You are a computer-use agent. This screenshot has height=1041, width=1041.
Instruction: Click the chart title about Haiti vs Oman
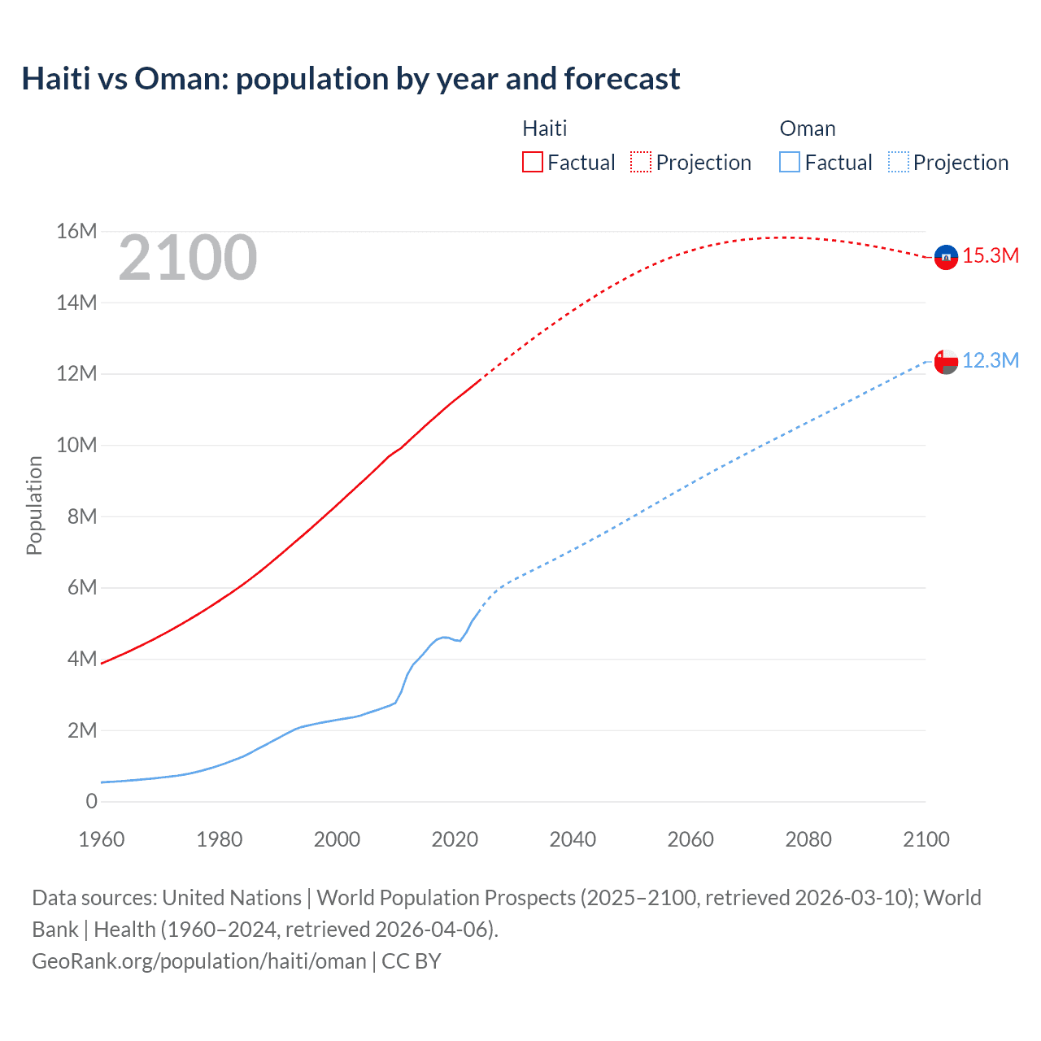pyautogui.click(x=351, y=79)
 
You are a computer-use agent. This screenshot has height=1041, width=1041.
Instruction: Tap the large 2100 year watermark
pyautogui.click(x=188, y=258)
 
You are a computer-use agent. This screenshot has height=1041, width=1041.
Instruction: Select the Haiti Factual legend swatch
pyautogui.click(x=533, y=162)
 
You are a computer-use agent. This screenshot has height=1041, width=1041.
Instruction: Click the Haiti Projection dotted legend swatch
pyautogui.click(x=641, y=162)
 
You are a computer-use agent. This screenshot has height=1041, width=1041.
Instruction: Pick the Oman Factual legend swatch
pyautogui.click(x=790, y=162)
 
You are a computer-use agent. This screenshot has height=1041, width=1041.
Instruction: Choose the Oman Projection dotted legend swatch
pyautogui.click(x=899, y=162)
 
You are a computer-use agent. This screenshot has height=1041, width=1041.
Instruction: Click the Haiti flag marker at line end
pyautogui.click(x=946, y=257)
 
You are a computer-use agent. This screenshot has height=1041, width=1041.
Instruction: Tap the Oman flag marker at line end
pyautogui.click(x=946, y=361)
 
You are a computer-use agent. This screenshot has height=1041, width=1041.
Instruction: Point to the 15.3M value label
pyautogui.click(x=991, y=255)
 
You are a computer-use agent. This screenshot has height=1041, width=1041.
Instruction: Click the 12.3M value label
pyautogui.click(x=991, y=360)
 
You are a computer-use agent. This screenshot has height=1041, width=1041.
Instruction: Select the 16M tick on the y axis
pyautogui.click(x=76, y=232)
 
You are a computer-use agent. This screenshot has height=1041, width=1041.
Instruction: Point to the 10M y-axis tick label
pyautogui.click(x=76, y=445)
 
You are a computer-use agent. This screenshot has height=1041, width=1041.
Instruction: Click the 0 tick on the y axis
pyautogui.click(x=91, y=801)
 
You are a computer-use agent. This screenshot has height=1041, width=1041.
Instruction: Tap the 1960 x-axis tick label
pyautogui.click(x=102, y=839)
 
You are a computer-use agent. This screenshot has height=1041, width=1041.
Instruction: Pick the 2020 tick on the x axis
pyautogui.click(x=455, y=839)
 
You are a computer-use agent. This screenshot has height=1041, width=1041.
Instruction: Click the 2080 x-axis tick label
pyautogui.click(x=808, y=839)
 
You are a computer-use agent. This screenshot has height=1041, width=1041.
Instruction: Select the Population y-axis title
pyautogui.click(x=34, y=505)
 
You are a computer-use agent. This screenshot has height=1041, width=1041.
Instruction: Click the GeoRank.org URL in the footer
pyautogui.click(x=199, y=961)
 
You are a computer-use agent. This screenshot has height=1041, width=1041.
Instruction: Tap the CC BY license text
pyautogui.click(x=412, y=961)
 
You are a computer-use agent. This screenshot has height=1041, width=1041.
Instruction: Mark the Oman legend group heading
pyautogui.click(x=808, y=128)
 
